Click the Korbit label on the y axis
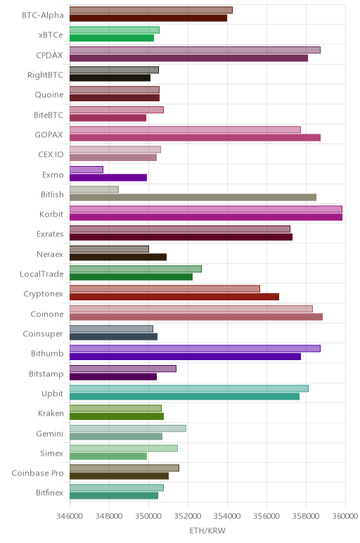(x=51, y=214)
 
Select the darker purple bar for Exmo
(x=108, y=178)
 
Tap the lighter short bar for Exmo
(x=86, y=170)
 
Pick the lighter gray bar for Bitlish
(x=94, y=189)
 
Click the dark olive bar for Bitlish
(x=193, y=198)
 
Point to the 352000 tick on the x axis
(x=188, y=516)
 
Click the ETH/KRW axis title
(x=207, y=530)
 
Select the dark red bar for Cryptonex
(x=174, y=297)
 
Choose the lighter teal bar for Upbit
(x=189, y=388)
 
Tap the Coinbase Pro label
(x=37, y=473)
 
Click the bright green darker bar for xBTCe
(x=112, y=38)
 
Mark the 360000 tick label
(x=345, y=516)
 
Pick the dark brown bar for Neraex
(x=118, y=257)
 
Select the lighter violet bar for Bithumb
(x=195, y=349)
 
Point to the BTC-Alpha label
(x=43, y=15)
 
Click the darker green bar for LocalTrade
(x=131, y=277)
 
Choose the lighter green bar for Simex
(x=124, y=449)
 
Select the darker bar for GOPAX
(x=195, y=138)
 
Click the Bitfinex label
(x=49, y=493)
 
